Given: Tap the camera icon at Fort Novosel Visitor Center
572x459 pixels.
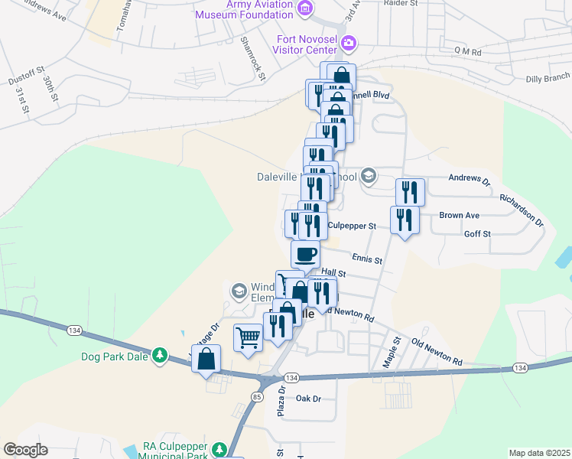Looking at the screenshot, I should [x=349, y=43].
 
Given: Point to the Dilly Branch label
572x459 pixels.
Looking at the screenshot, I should [x=548, y=77].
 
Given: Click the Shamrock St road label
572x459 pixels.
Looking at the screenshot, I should [x=252, y=58].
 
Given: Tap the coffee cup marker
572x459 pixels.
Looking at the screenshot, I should [x=305, y=253].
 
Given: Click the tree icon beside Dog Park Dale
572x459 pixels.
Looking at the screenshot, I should [x=159, y=355].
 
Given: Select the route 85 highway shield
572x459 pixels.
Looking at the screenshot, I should [x=256, y=396].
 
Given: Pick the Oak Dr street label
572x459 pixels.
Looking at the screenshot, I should [x=307, y=399].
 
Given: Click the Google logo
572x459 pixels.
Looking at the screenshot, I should [x=25, y=449].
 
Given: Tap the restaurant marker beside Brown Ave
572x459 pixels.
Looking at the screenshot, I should [x=404, y=220].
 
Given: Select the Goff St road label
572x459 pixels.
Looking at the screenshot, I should [x=477, y=233].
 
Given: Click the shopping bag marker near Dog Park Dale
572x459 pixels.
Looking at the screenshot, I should [x=206, y=358].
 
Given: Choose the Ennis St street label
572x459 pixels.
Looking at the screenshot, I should [x=367, y=259].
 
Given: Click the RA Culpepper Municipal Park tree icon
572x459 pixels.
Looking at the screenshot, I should [x=219, y=448].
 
